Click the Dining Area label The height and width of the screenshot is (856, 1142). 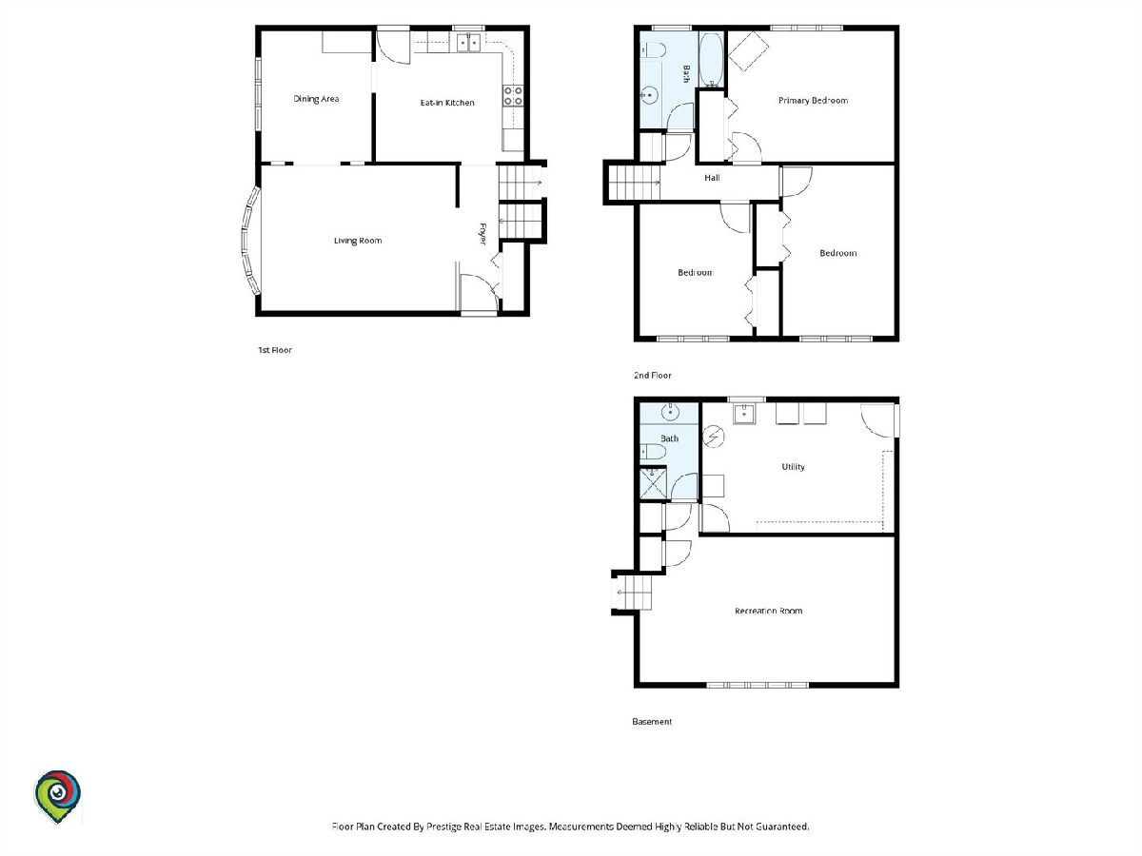[316, 99]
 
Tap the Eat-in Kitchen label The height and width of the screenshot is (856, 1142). [447, 103]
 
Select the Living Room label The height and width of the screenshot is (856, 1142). [358, 241]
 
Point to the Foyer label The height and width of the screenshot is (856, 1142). [482, 234]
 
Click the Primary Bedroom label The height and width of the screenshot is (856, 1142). [813, 101]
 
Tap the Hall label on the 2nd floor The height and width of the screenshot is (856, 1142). [712, 178]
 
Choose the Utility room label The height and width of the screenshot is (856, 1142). [793, 467]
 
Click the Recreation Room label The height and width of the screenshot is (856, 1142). [768, 611]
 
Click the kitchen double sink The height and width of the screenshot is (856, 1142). [468, 43]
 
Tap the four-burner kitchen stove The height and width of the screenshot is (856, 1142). [512, 96]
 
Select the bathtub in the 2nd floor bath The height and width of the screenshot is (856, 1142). [711, 60]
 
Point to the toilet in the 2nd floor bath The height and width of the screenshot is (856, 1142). [653, 50]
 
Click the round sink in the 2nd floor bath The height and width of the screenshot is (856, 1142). [649, 96]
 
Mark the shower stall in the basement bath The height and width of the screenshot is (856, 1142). [653, 484]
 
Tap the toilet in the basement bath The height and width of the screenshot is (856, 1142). [653, 452]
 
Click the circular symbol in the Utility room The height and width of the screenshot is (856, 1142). [714, 437]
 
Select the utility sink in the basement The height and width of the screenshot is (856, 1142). [745, 414]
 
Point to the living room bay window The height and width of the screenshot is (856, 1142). [248, 241]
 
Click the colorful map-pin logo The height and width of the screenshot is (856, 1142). [57, 796]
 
